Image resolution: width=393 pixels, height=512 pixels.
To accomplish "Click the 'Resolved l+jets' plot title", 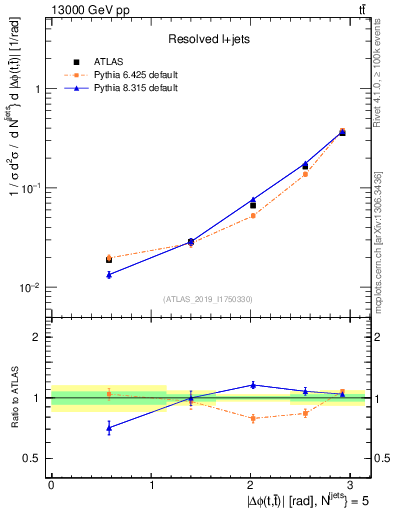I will pyautogui.click(x=207, y=38).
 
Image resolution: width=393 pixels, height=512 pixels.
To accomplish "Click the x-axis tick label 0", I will pyautogui.click(x=51, y=484).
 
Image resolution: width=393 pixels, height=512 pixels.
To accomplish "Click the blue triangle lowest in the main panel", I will pyautogui.click(x=109, y=274).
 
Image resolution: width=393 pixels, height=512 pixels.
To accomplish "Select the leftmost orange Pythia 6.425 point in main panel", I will pyautogui.click(x=109, y=258).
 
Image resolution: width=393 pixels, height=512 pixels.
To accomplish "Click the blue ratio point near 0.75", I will pyautogui.click(x=109, y=427).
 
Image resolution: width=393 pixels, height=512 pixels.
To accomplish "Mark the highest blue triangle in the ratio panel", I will pyautogui.click(x=253, y=384).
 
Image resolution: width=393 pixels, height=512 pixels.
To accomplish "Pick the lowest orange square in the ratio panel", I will pyautogui.click(x=253, y=418).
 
